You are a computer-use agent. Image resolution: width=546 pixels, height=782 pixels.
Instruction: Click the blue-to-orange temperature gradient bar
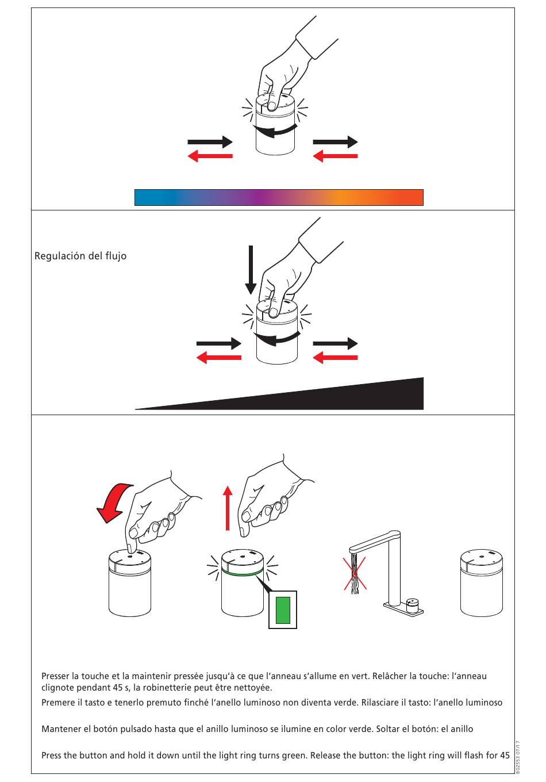pos(279,197)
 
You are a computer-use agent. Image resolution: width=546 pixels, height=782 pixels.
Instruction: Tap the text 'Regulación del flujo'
pos(80,256)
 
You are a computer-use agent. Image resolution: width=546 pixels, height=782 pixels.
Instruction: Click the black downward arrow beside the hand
pos(251,270)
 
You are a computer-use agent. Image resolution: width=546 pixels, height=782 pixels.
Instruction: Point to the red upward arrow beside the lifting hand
pos(228,508)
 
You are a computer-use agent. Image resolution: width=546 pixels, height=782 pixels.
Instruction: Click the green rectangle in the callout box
pos(283,610)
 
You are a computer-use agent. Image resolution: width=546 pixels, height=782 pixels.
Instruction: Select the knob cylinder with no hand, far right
pos(482,582)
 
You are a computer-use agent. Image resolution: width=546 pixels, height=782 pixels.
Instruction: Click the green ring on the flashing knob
pos(242,573)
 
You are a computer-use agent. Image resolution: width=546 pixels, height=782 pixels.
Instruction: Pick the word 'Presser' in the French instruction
pos(55,676)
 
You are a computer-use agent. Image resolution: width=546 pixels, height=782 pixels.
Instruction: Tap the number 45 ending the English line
pos(505,756)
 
